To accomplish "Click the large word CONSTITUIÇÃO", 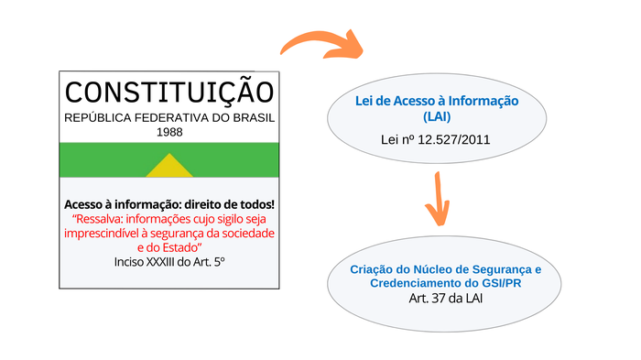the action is pos(169,91).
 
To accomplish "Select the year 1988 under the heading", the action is pos(169,132).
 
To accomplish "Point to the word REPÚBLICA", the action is pos(98,118).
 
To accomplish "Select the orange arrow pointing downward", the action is pos(438,199).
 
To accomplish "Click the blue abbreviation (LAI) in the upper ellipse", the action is pos(437,117).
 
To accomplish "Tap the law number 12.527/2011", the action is pos(454,140).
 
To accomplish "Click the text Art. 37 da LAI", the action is pos(446,299).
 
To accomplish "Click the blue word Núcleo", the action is pos(431,269).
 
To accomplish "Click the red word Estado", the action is pos(179,247).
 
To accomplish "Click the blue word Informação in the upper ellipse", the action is pos(483,101).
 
